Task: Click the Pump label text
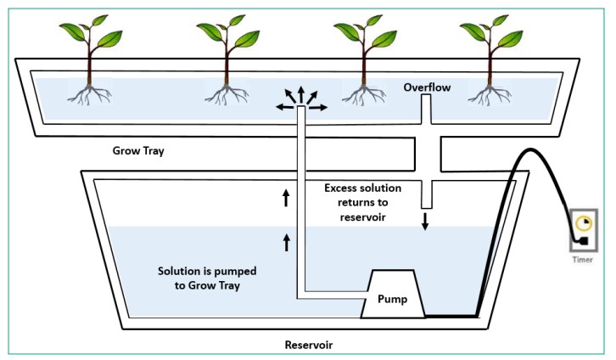point(392,299)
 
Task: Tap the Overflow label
point(427,87)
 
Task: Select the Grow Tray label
point(138,151)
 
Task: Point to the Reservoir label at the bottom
point(308,345)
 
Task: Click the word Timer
point(583,260)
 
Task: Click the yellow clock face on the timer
point(584,223)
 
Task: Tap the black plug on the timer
point(583,241)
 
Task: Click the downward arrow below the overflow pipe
point(425,222)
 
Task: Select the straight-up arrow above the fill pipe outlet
point(301,95)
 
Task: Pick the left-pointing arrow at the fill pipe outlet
point(285,107)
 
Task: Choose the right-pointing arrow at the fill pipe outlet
point(318,107)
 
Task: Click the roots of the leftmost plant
point(90,95)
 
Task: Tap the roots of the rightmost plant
point(490,95)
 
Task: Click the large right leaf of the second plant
point(247,39)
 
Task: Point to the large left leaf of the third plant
point(346,31)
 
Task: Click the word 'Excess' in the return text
point(341,188)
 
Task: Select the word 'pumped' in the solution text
point(238,272)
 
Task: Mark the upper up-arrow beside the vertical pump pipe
point(286,198)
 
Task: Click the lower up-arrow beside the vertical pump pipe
point(287,242)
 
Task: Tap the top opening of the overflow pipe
point(426,95)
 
